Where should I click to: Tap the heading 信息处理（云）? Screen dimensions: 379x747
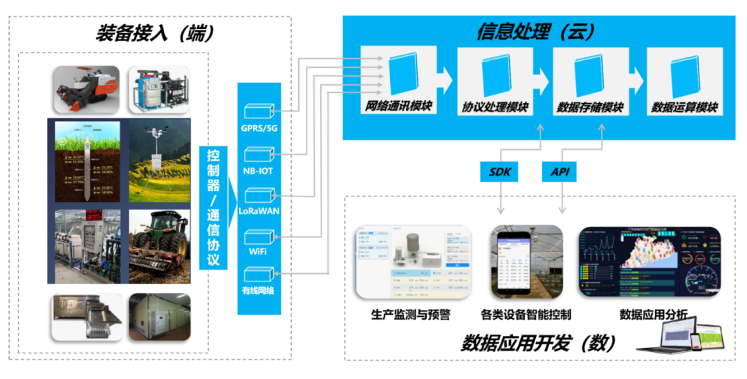536,31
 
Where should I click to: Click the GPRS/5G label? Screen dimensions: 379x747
259,129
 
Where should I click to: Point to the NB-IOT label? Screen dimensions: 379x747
259,170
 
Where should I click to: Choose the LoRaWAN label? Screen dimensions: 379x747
259,211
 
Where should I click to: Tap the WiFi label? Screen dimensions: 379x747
259,251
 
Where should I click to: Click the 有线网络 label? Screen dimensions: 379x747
259,291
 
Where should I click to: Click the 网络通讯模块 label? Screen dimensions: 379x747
399,107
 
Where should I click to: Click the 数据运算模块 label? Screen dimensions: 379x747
685,108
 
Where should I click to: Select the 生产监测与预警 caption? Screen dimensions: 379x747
411,315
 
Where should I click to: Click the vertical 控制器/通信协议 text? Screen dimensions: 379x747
214,207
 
